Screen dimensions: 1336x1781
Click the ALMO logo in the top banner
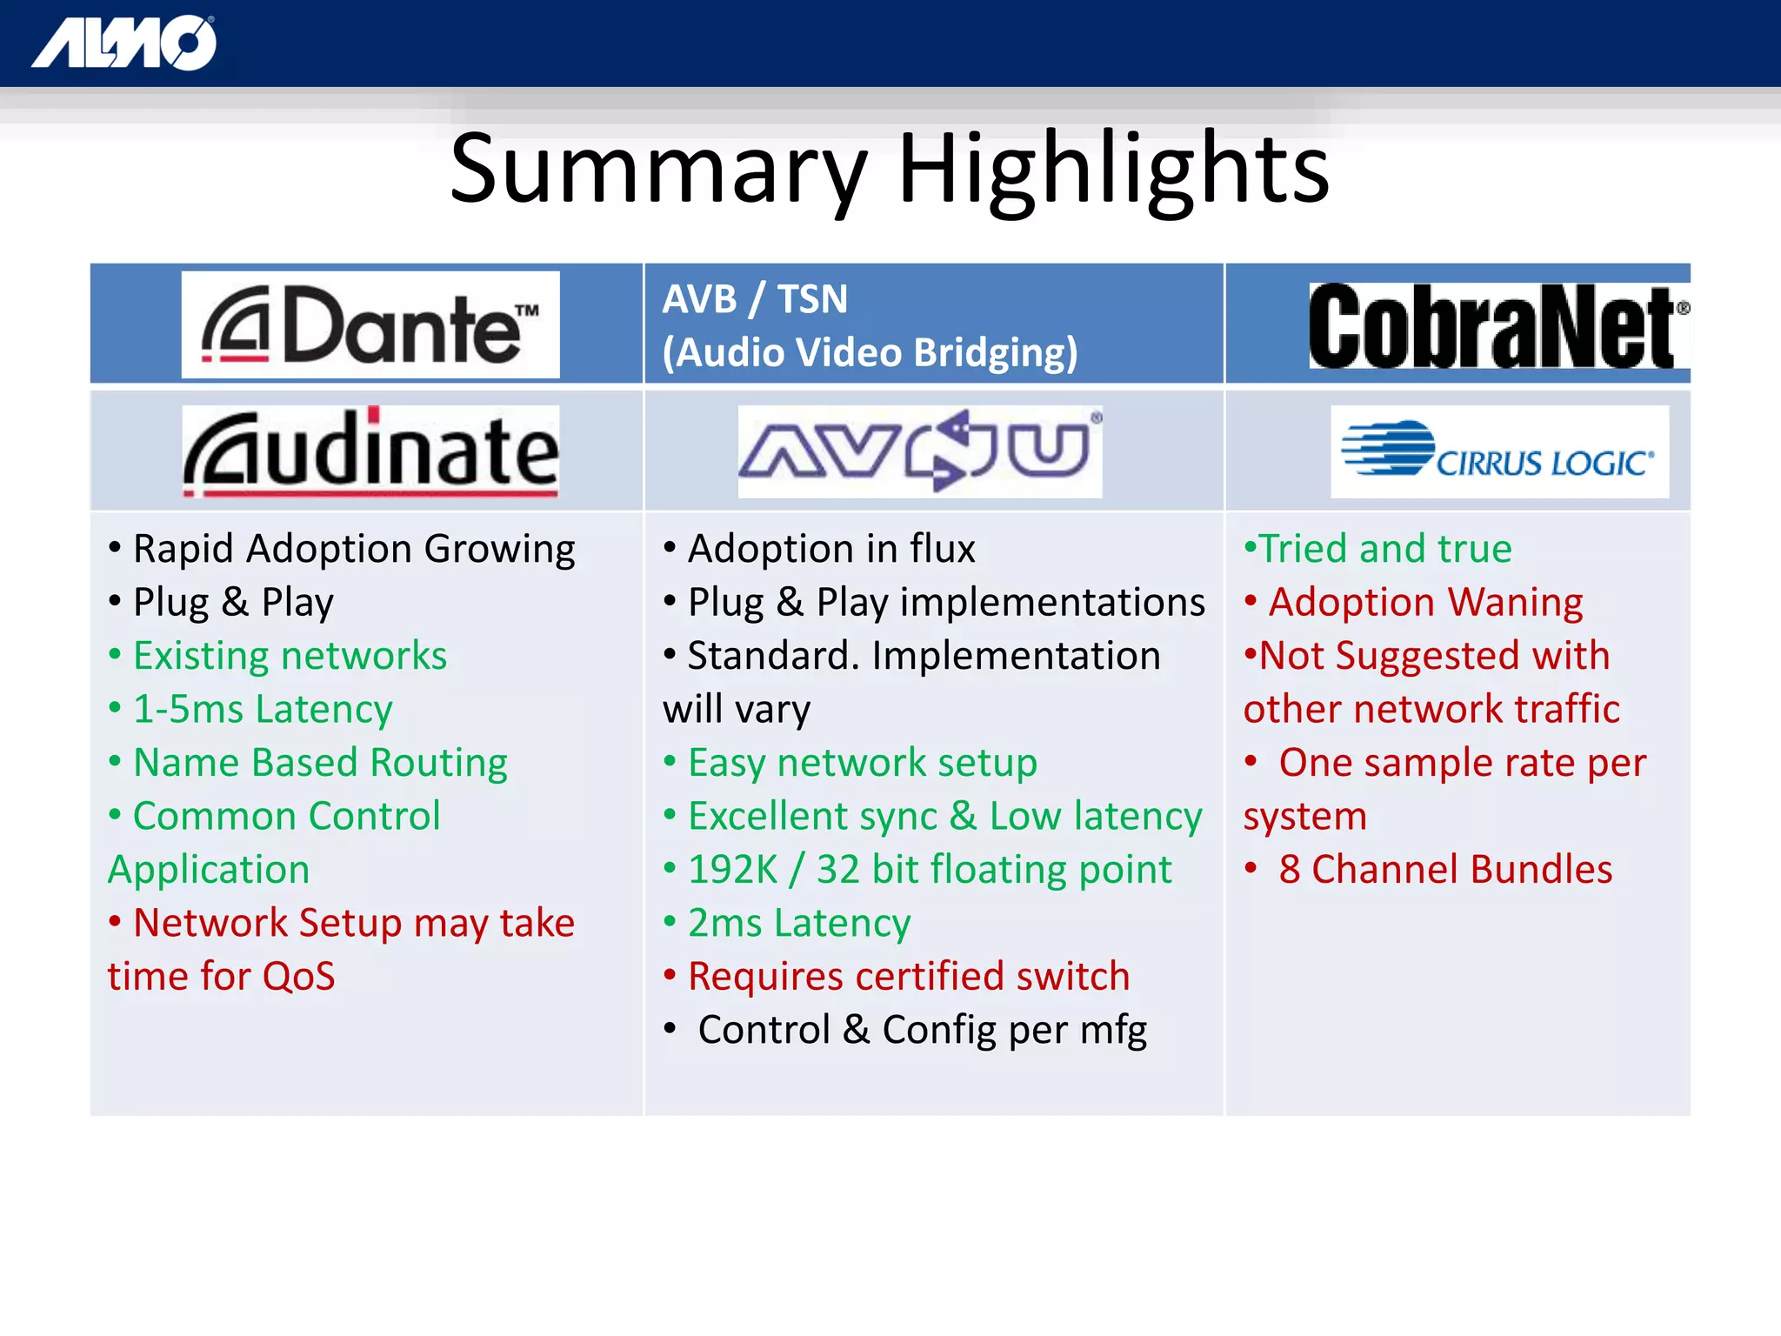click(124, 43)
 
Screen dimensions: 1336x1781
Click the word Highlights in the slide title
click(1113, 169)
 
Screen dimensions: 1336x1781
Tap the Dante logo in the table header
click(370, 324)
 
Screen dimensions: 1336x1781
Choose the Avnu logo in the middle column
click(919, 451)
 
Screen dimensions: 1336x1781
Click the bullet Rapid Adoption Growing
click(353, 549)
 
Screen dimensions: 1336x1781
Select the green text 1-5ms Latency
click(263, 709)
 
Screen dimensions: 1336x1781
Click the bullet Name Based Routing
click(320, 763)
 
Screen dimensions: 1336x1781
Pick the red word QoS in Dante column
click(298, 977)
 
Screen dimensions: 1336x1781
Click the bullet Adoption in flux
click(830, 549)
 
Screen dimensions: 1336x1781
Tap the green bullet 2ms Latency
click(798, 923)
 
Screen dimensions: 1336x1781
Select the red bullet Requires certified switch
click(908, 977)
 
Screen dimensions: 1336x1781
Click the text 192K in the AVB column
click(732, 870)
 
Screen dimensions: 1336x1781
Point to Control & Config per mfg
click(922, 1030)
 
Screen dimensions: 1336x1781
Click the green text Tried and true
click(1384, 549)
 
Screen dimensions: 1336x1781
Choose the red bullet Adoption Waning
click(1424, 602)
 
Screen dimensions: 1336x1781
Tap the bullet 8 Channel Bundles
click(1444, 870)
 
